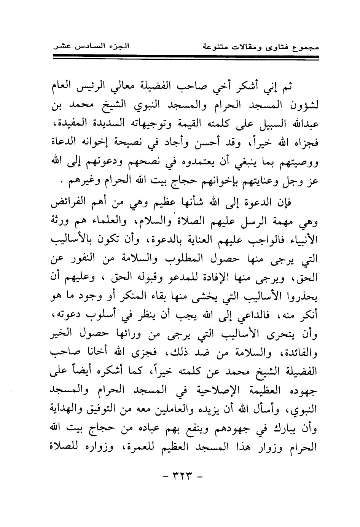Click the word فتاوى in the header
(274, 48)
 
